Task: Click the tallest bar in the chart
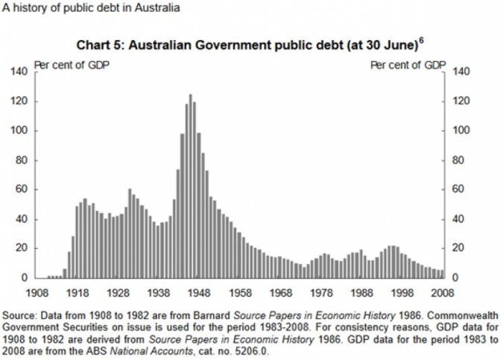190,186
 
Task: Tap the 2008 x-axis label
443,293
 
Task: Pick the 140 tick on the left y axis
18,72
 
